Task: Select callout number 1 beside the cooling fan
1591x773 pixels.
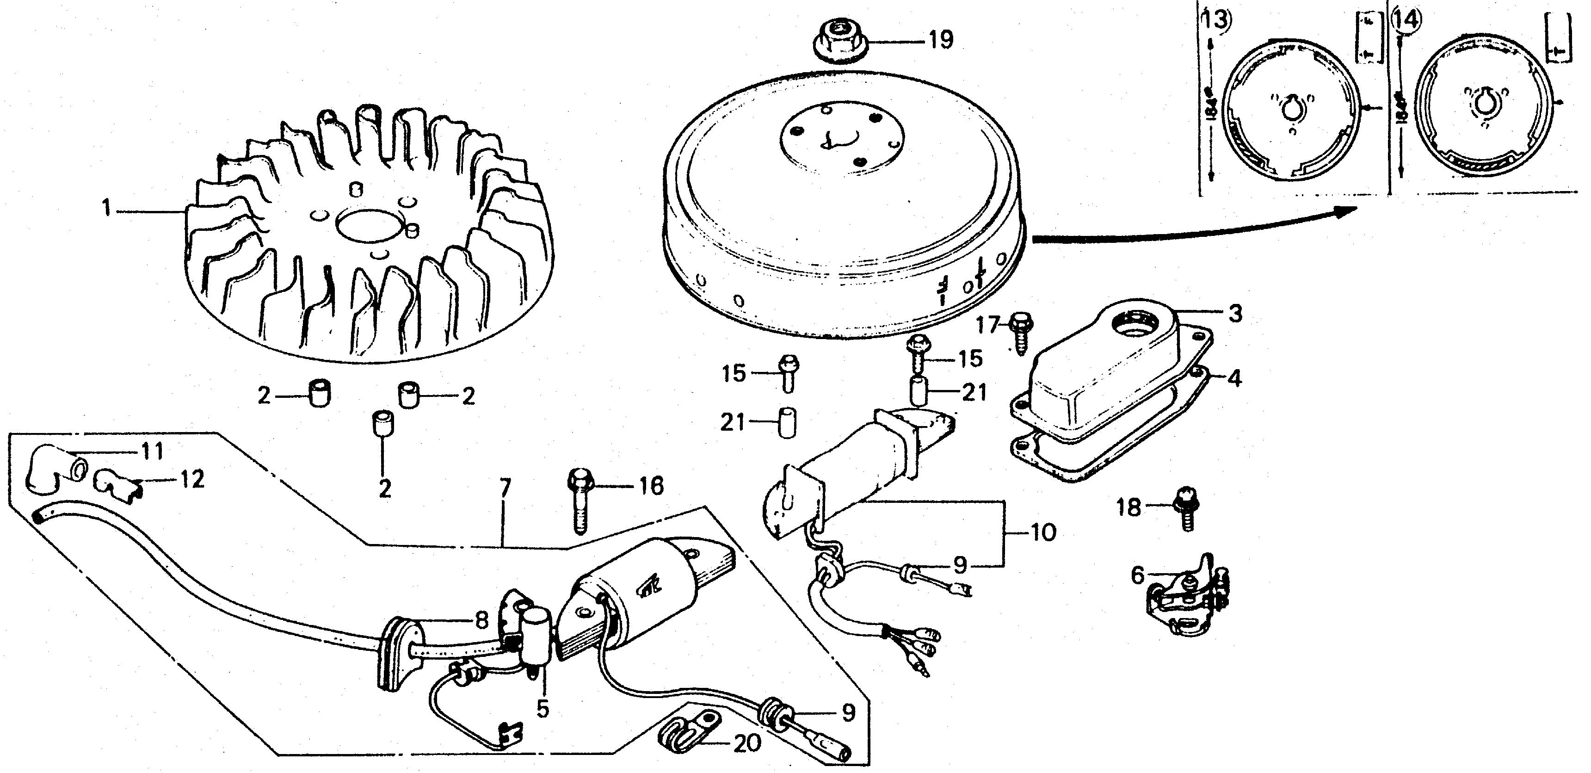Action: tap(107, 210)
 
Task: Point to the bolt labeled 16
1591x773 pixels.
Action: tap(578, 504)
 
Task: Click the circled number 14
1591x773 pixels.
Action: tap(1406, 20)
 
